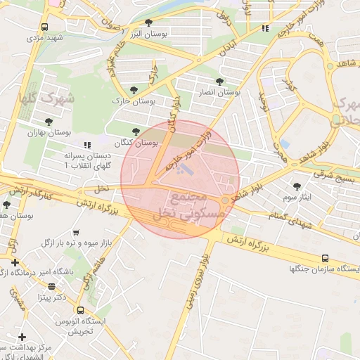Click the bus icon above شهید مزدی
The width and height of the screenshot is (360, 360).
45,27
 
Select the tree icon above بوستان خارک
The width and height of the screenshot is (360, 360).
134,89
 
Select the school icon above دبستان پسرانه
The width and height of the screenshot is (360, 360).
87,144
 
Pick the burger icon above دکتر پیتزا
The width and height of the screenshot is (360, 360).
51,286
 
